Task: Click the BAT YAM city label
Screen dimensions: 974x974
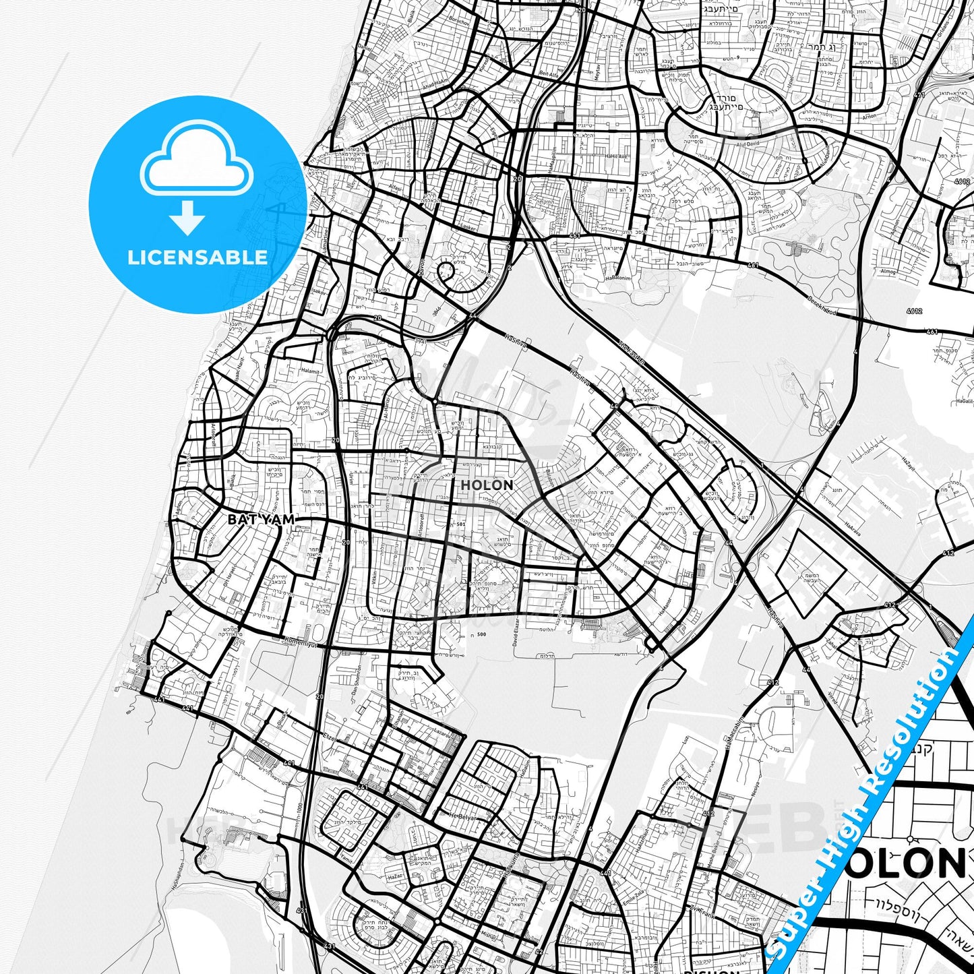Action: [x=262, y=520]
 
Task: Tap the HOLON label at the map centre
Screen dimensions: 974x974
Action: [x=487, y=485]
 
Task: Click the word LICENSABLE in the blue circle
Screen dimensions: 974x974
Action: [x=197, y=257]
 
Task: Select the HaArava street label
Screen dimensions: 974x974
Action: [x=852, y=526]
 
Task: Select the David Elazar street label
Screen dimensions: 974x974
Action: [x=515, y=633]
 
